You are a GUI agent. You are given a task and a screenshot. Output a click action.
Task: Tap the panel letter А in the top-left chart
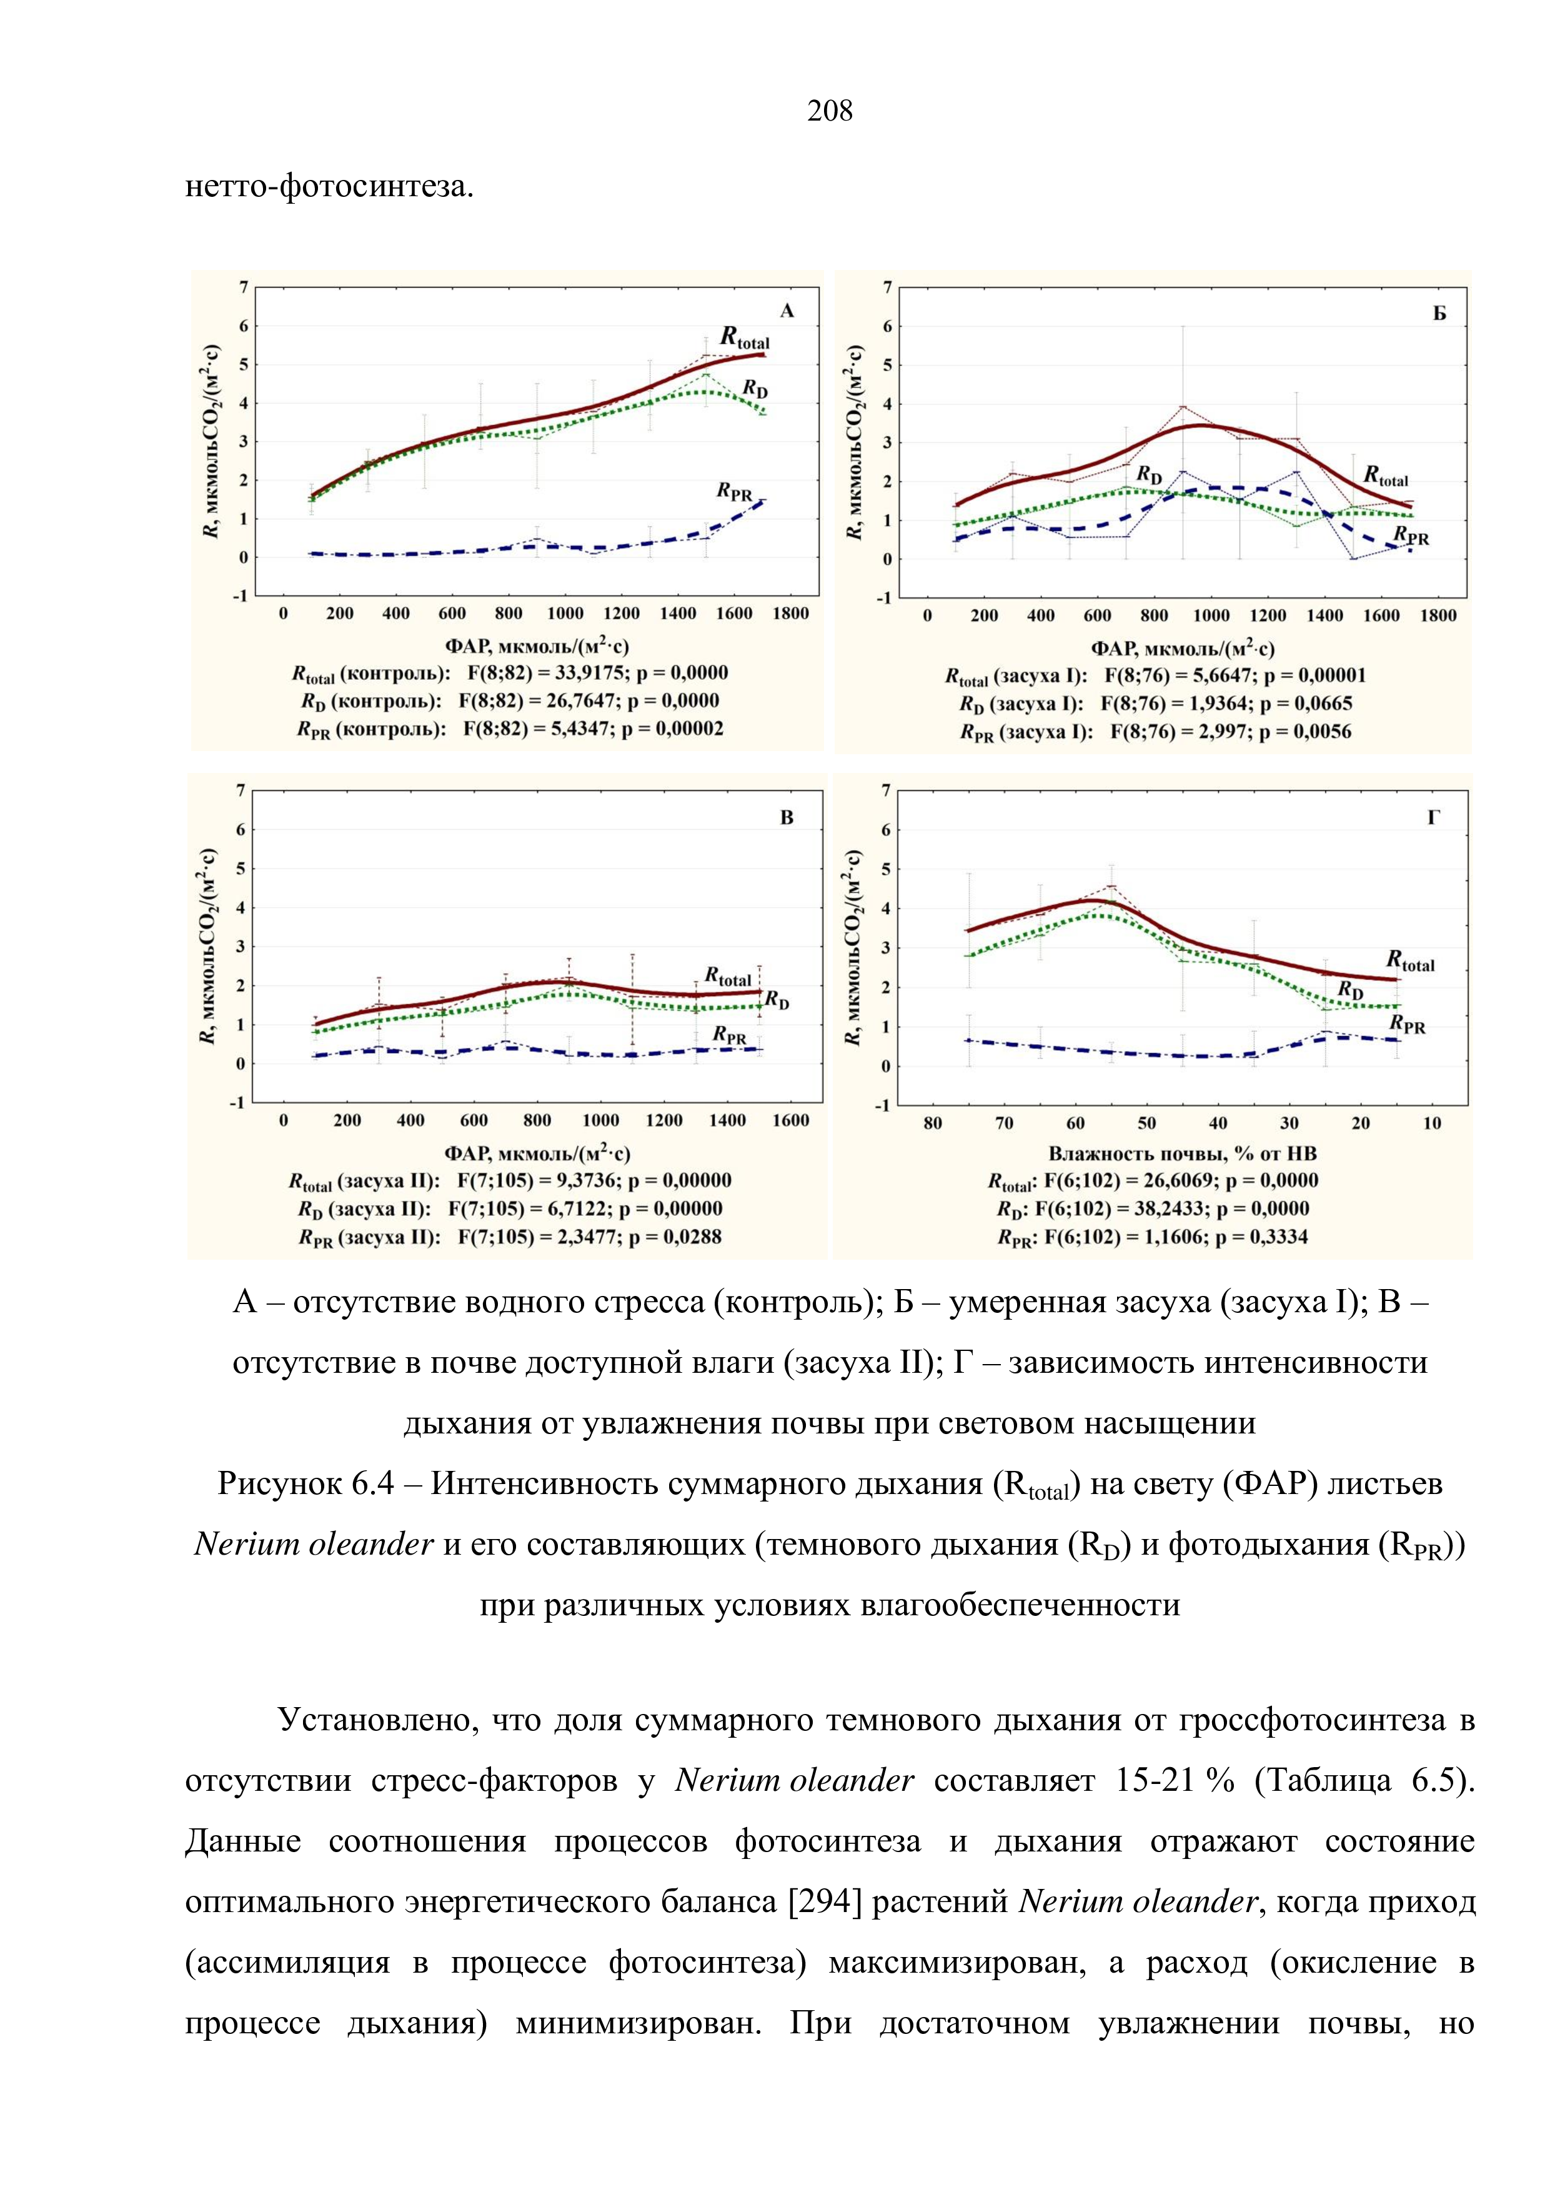[x=787, y=311]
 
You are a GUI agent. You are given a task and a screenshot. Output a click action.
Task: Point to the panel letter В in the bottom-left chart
[x=787, y=817]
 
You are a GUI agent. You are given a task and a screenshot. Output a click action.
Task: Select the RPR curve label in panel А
[x=734, y=492]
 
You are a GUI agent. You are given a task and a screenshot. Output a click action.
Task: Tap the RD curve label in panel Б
[x=1149, y=474]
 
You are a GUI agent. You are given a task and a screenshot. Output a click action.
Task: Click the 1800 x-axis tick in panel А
[x=790, y=614]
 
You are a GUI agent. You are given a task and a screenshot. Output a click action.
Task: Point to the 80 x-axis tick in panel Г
[x=933, y=1123]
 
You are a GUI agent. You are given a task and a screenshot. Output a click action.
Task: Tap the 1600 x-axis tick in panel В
[x=790, y=1121]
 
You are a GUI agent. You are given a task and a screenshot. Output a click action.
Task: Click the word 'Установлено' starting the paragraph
[x=374, y=1720]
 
